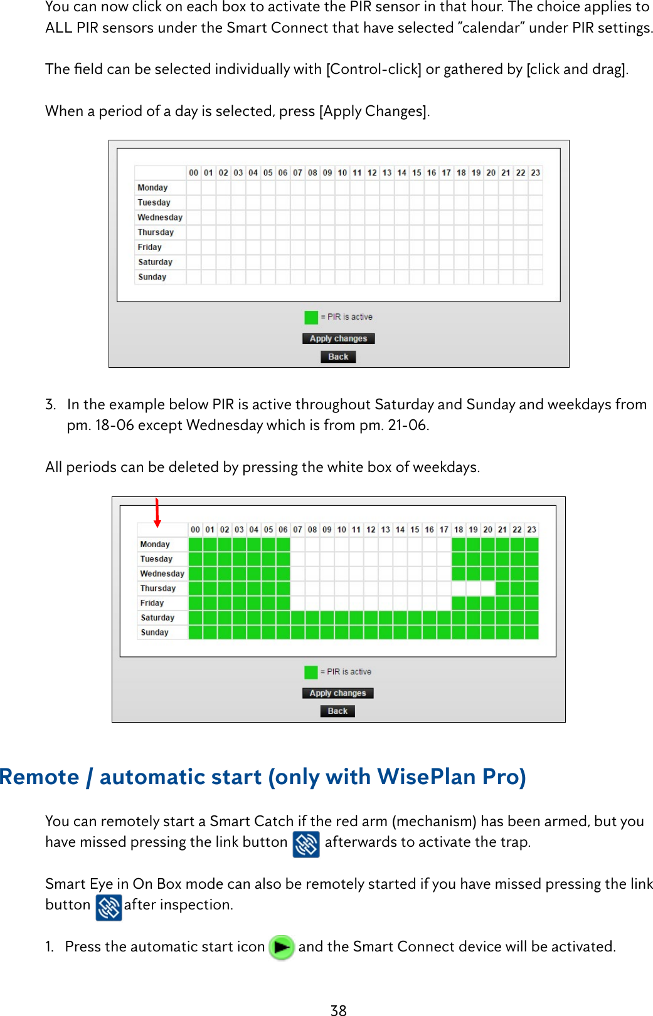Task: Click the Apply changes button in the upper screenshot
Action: [338, 338]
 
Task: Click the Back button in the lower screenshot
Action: [337, 711]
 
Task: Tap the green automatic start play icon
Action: [282, 947]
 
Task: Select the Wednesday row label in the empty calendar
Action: [160, 217]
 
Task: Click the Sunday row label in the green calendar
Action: [154, 632]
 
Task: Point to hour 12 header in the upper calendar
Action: [372, 172]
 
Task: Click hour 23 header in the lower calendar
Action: [531, 530]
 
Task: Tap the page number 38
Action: [338, 1010]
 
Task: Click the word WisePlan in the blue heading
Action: [426, 777]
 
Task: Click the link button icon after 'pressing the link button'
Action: [306, 844]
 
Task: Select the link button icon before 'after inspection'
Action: [109, 907]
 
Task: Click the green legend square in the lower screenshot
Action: [311, 672]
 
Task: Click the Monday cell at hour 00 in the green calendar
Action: [195, 544]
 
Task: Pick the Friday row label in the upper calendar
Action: [150, 247]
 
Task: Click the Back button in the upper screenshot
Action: [338, 357]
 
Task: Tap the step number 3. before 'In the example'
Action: [51, 404]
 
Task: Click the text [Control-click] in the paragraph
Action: [373, 69]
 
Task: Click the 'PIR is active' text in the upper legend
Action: [350, 317]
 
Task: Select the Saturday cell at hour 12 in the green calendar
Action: [371, 617]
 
